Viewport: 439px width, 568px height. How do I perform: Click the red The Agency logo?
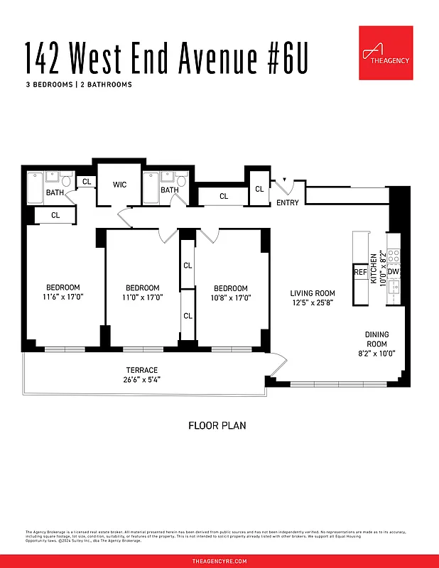point(386,53)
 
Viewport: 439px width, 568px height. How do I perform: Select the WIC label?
point(119,185)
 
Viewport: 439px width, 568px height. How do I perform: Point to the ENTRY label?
point(288,203)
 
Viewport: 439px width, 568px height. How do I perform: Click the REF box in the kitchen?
point(360,272)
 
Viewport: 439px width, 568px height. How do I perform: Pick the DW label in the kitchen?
point(394,272)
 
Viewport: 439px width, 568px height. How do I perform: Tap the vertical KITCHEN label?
point(374,267)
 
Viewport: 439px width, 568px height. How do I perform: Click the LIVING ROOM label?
point(313,293)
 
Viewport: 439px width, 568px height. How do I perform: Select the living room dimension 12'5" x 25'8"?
point(313,303)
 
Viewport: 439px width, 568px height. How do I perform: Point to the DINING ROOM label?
point(377,339)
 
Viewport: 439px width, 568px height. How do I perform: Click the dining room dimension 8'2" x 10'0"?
point(377,353)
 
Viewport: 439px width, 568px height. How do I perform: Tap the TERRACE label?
point(142,370)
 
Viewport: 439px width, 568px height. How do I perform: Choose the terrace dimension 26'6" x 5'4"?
point(142,379)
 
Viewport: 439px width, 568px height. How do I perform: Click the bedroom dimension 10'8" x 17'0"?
point(231,297)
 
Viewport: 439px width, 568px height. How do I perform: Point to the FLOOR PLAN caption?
point(217,426)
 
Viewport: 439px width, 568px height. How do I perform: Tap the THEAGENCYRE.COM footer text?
point(220,561)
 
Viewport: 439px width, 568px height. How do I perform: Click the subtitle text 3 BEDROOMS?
point(49,84)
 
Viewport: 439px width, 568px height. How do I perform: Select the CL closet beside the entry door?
point(259,189)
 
